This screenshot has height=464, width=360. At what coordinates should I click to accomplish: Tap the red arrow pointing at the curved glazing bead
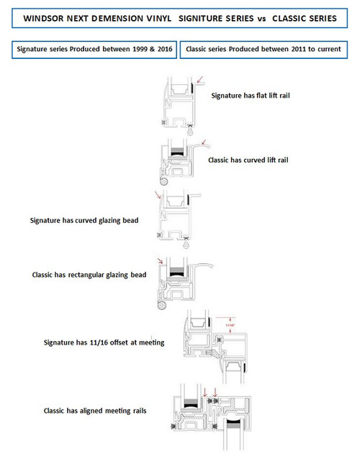pyautogui.click(x=158, y=196)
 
